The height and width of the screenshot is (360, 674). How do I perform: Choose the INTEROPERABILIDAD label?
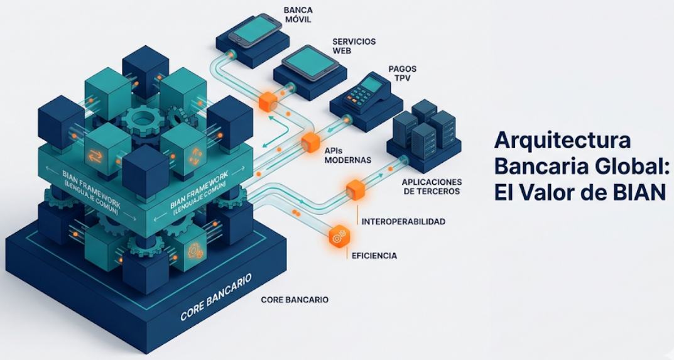click(403, 222)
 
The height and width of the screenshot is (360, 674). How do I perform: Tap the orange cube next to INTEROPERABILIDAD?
click(355, 188)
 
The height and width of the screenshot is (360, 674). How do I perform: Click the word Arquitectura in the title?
click(562, 140)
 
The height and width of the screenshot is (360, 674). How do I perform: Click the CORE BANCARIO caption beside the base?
click(294, 300)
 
